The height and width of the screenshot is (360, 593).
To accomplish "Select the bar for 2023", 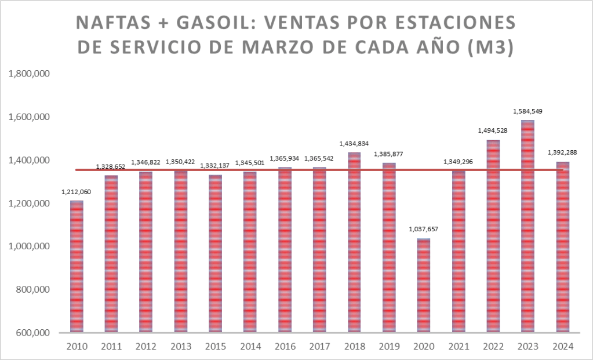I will [x=528, y=226].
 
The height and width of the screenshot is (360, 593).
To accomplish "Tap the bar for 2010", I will [x=76, y=267].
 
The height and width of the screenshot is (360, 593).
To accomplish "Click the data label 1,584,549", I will [x=527, y=111].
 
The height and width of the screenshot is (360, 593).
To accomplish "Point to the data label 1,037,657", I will [x=423, y=229].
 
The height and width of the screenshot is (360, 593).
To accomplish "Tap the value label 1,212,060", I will [x=75, y=191].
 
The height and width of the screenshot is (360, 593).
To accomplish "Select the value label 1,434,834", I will [x=354, y=143].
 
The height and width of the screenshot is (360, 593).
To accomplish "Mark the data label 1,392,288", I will [x=562, y=152].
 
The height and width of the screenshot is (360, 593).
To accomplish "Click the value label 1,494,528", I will [x=493, y=130].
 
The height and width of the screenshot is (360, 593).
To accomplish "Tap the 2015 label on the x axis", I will [x=215, y=347].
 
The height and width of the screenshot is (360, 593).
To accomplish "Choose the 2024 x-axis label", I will [x=563, y=347].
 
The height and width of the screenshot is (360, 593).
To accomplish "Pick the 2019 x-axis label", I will [x=389, y=347].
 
